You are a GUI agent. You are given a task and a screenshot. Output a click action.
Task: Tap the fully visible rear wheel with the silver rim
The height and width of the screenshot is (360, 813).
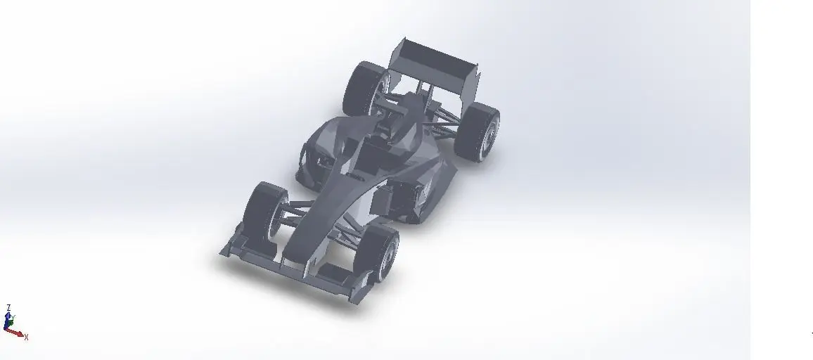click(x=478, y=131)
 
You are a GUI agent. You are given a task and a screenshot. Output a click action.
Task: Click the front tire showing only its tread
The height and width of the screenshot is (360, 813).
click(x=263, y=209)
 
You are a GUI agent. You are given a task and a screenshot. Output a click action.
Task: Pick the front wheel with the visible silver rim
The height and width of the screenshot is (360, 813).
click(x=380, y=253)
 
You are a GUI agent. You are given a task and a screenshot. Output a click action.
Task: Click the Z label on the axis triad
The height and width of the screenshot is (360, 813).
click(x=8, y=308)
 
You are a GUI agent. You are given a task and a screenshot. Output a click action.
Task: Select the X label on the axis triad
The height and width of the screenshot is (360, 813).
click(x=26, y=337)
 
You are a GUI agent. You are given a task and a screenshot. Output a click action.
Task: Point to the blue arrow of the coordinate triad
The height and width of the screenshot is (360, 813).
click(x=8, y=320)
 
